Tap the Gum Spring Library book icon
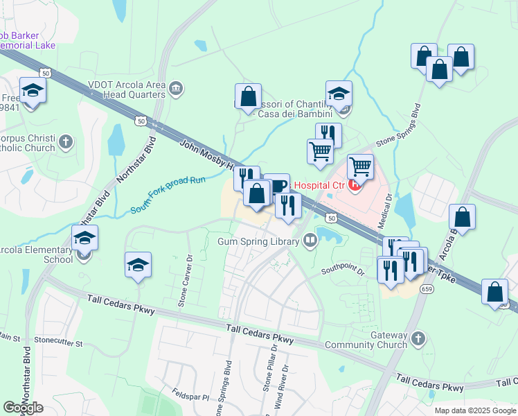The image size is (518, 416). point(310,241)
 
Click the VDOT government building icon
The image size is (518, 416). point(176,87)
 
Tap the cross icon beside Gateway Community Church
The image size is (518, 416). point(417,339)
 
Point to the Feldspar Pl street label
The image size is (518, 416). point(190,394)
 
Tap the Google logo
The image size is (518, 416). point(23,408)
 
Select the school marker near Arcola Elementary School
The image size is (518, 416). point(84,239)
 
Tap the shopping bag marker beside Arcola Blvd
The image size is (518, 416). point(463,217)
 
